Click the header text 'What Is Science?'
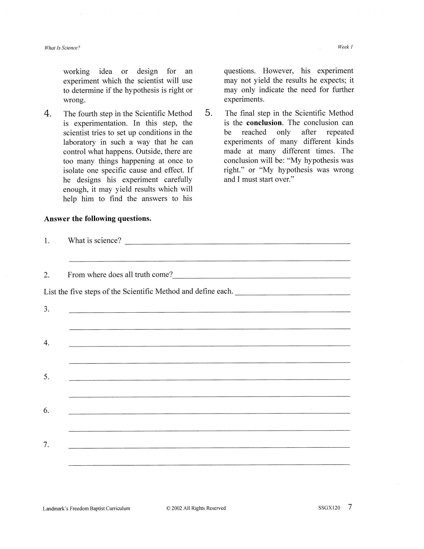tap(62, 48)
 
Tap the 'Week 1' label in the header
tap(345, 47)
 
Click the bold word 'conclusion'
tap(264, 123)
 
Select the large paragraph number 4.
tap(48, 114)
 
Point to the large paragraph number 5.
tap(209, 113)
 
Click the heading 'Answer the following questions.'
tap(97, 219)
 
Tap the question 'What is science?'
tap(94, 240)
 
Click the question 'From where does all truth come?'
tap(120, 275)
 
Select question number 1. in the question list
tap(47, 241)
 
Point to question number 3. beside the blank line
tap(47, 309)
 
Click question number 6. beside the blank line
tap(47, 411)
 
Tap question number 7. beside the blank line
tap(46, 445)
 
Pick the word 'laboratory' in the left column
tap(80, 142)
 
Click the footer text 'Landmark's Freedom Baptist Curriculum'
tap(86, 508)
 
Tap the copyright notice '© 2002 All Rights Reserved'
tap(196, 508)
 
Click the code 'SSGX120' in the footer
tap(329, 508)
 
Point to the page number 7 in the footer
tap(350, 507)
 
